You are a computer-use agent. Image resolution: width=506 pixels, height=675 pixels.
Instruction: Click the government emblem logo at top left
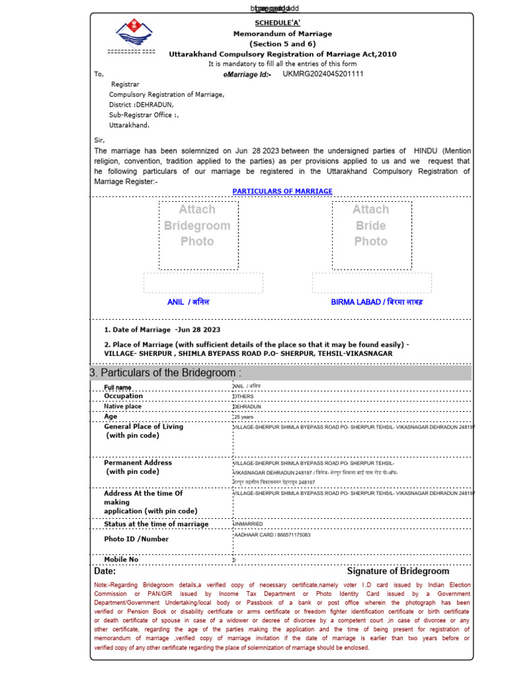coord(133,33)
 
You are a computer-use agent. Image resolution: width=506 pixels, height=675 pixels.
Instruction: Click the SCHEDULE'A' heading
coord(282,22)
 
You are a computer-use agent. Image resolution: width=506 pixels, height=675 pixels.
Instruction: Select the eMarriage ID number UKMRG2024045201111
coord(323,74)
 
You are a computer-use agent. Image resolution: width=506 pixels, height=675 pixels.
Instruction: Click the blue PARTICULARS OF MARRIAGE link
coord(282,191)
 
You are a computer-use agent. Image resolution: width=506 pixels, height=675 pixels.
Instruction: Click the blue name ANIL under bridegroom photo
coord(188,302)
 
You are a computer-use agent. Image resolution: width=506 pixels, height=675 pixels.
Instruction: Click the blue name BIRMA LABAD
coord(377,302)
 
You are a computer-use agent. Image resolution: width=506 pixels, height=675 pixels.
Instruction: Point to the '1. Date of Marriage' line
coord(162,330)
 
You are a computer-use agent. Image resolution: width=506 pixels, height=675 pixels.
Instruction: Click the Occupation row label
coord(123,396)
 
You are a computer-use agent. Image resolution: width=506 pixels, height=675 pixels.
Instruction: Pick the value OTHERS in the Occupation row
coord(243,397)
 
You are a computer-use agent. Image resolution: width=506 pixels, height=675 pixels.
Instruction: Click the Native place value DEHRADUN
coord(247,407)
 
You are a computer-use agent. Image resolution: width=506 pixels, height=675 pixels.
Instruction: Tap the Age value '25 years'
coord(244,417)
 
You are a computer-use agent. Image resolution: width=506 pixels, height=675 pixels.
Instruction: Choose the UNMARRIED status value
coord(248,524)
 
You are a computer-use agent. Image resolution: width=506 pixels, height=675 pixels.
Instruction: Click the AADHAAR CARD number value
coord(271,535)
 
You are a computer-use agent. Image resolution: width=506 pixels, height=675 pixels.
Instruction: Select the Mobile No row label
coord(121,560)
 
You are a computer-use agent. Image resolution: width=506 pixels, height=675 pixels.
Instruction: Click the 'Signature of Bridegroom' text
coord(398,572)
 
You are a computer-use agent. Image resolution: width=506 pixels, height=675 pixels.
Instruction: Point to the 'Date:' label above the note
coord(105,572)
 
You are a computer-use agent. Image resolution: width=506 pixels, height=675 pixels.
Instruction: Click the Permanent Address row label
coord(138,463)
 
